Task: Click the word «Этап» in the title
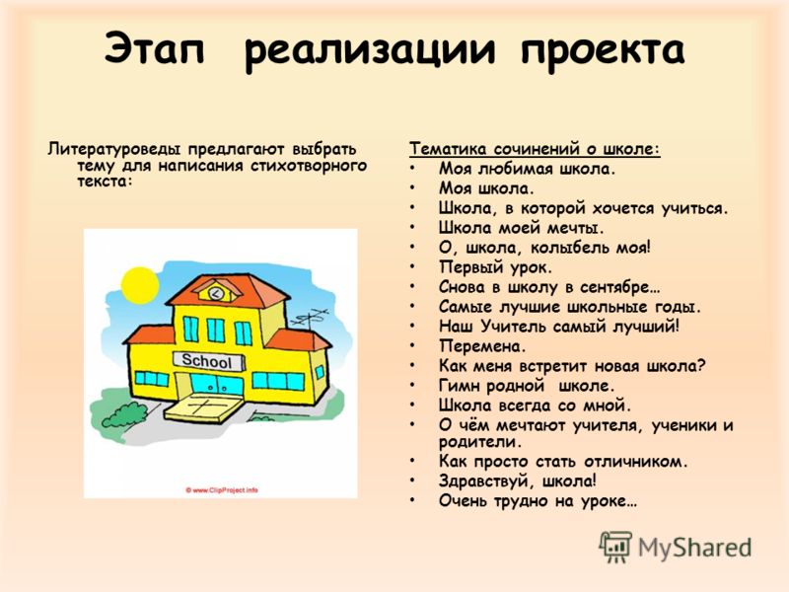point(155,48)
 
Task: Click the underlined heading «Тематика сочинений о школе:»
point(535,149)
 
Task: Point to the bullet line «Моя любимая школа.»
point(527,169)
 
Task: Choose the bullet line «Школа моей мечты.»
point(521,228)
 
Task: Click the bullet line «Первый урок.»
point(495,267)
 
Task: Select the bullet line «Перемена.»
point(482,346)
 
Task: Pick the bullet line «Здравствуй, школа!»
point(517,481)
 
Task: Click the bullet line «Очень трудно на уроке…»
point(538,501)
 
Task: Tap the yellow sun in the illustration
point(140,285)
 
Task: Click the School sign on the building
point(208,361)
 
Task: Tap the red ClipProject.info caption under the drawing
point(221,489)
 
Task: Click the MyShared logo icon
point(614,547)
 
